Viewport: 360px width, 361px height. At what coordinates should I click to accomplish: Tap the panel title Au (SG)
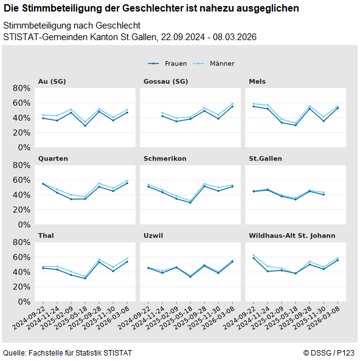[52, 81]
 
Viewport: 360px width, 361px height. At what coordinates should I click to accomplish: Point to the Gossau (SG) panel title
[165, 81]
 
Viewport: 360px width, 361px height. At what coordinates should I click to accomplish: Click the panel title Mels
[257, 81]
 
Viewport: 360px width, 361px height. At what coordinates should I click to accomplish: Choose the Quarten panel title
[53, 159]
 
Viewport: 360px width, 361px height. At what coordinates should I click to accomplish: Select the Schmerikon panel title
[165, 159]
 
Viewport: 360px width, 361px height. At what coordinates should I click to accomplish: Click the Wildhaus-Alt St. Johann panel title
[292, 236]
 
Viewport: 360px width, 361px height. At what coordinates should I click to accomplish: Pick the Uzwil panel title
[153, 236]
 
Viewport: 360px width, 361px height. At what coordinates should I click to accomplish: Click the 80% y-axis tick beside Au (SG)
[21, 88]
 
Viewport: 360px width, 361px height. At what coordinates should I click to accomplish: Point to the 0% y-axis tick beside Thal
[24, 301]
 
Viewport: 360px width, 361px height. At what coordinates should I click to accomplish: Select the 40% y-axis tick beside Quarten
[21, 195]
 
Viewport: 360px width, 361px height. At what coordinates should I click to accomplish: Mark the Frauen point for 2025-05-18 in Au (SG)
[85, 125]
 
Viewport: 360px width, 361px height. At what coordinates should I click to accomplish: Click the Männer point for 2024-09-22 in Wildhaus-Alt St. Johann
[254, 255]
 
